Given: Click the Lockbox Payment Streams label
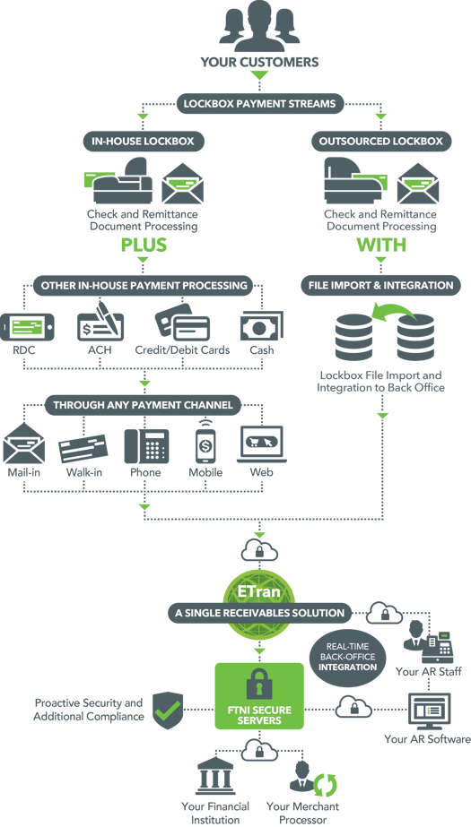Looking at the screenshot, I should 259,104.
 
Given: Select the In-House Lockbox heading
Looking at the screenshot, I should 143,142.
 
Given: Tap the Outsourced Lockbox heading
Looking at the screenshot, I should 380,142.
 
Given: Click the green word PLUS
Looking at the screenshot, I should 144,245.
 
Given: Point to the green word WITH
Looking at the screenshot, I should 381,245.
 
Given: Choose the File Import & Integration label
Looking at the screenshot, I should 381,286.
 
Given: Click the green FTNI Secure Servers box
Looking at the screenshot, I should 259,696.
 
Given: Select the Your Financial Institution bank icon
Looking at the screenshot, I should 215,777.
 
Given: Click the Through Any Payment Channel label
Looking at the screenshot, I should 143,405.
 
